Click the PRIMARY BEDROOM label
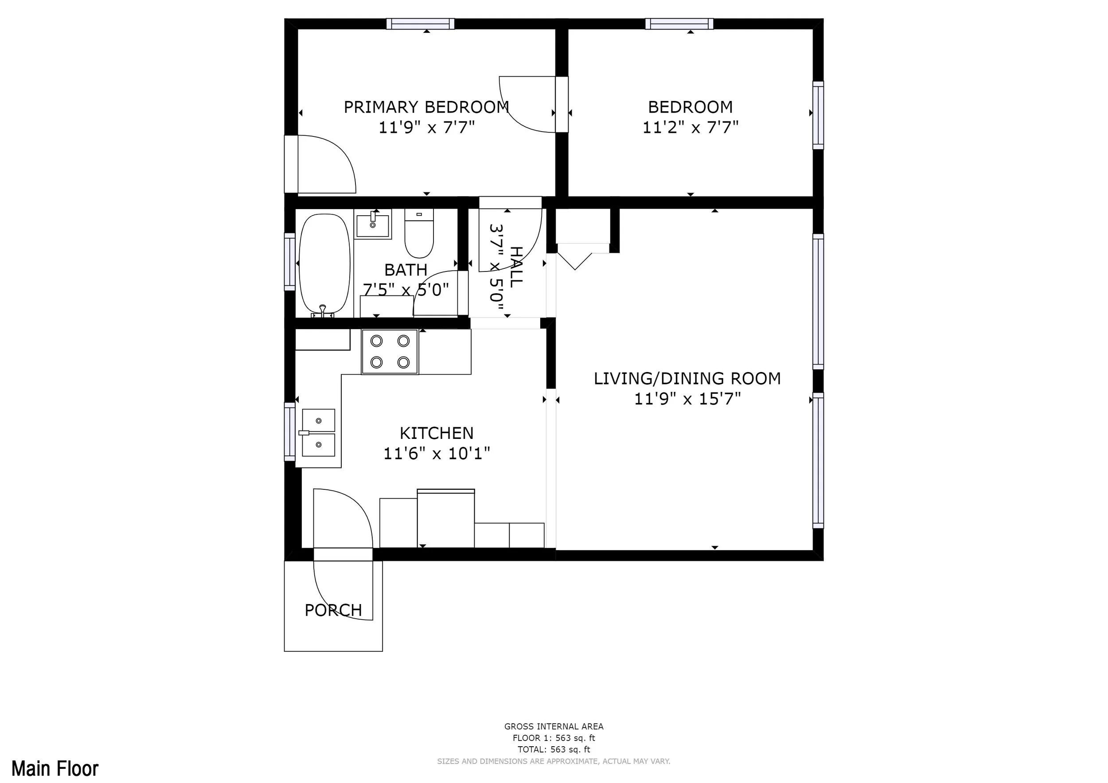click(426, 107)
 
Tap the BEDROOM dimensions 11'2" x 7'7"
click(690, 127)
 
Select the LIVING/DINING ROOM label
click(687, 379)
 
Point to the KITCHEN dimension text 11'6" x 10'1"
click(436, 454)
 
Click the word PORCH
click(333, 610)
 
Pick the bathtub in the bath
click(324, 265)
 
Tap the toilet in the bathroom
click(419, 233)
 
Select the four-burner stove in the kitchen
click(390, 352)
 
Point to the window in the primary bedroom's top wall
click(420, 23)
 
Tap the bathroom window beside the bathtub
click(289, 262)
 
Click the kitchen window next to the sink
click(289, 431)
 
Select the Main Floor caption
click(55, 768)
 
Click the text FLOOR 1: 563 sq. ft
click(554, 738)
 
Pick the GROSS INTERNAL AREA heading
click(554, 726)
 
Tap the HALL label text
click(516, 267)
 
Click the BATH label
click(406, 270)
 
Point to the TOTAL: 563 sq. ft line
click(554, 749)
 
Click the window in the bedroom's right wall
click(818, 115)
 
